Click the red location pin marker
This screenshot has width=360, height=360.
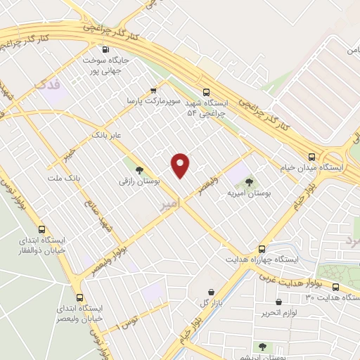[x=181, y=165]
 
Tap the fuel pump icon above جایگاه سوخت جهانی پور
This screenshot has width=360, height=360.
[x=105, y=49]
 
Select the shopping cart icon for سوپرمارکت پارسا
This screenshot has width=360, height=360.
[x=153, y=91]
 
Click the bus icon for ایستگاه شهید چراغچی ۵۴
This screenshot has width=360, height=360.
[x=206, y=92]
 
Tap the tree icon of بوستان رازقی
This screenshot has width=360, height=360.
[x=139, y=169]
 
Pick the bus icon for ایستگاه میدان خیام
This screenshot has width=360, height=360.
[x=312, y=157]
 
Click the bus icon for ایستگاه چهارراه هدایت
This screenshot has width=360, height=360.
[x=262, y=249]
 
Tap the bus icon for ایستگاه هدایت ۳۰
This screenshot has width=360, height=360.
[x=335, y=287]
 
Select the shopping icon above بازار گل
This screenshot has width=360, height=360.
[x=211, y=292]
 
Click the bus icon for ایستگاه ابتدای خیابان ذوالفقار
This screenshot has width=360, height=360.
[x=41, y=229]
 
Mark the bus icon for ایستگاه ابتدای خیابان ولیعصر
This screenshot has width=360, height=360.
[x=79, y=297]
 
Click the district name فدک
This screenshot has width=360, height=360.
[x=47, y=84]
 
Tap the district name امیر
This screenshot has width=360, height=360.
[x=169, y=203]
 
